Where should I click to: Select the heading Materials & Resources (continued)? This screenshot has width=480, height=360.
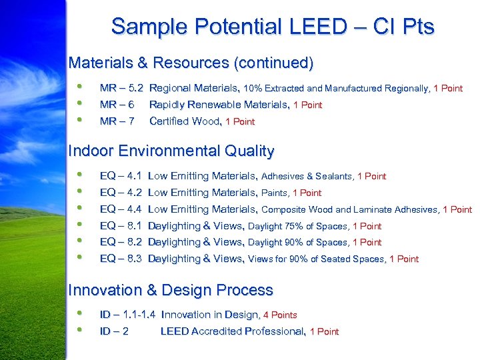point(191,63)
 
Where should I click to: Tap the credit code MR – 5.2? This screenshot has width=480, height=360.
point(121,88)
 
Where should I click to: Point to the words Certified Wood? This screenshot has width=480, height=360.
point(185,121)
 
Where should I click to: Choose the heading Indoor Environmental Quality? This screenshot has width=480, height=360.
point(171,151)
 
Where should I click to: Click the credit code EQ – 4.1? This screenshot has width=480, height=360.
point(120,176)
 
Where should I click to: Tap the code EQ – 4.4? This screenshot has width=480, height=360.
point(120,209)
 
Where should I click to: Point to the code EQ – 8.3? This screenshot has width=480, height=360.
point(120,259)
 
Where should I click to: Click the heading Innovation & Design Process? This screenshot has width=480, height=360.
point(171,291)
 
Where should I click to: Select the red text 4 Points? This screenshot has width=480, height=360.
point(280,315)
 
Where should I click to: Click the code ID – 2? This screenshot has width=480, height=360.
point(114,331)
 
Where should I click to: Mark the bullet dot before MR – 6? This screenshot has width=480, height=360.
point(80,103)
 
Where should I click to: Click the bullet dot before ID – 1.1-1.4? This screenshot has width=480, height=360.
point(80,313)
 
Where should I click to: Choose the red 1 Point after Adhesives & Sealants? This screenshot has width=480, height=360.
point(371,177)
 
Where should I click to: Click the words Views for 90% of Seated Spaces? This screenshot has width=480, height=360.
point(316,259)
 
